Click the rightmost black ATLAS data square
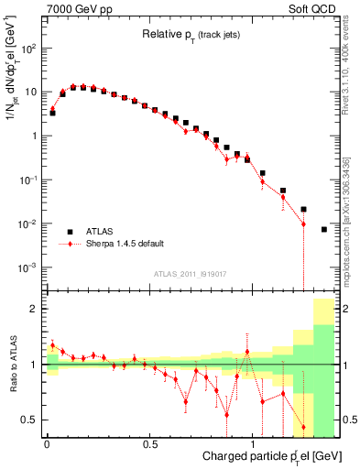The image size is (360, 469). coord(324,229)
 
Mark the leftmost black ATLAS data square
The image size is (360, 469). coord(52,113)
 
